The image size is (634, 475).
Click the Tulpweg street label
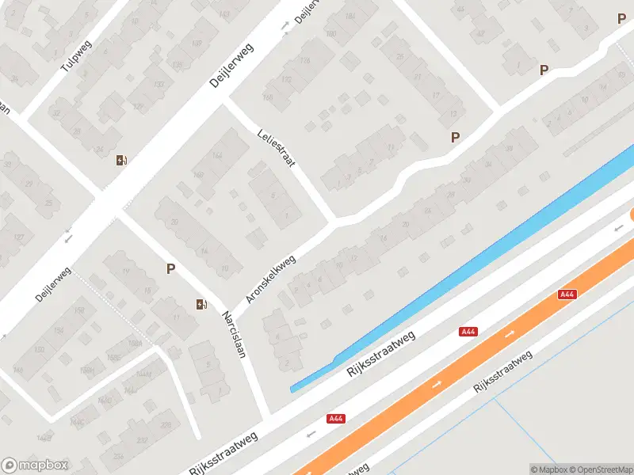(x=77, y=55)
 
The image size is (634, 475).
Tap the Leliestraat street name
(x=277, y=148)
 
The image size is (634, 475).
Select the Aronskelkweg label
(x=271, y=279)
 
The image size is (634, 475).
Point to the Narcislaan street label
(x=235, y=332)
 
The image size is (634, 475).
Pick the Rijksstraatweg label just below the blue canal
(x=381, y=357)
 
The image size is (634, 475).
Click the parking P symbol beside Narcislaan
(x=170, y=268)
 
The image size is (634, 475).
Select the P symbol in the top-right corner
(x=621, y=19)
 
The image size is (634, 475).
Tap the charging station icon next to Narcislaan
(x=202, y=304)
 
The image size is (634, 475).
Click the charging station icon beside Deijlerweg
(x=121, y=160)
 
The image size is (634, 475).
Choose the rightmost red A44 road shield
(x=567, y=294)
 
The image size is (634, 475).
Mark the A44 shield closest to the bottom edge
(x=335, y=419)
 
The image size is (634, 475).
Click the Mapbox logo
(x=35, y=465)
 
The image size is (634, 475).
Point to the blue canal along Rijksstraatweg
(x=475, y=261)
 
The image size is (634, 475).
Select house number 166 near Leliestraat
(x=267, y=97)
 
